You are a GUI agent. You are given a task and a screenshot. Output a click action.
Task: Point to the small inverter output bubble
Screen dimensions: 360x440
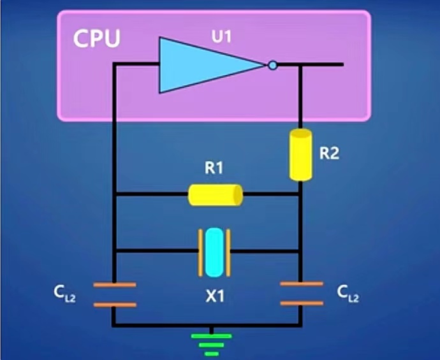[273, 65]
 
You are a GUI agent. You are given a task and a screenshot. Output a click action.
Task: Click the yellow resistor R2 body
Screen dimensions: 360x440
[300, 155]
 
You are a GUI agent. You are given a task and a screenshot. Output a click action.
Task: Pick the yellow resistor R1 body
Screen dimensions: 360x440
[216, 194]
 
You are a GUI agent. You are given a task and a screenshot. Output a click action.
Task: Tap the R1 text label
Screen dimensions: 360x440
[214, 169]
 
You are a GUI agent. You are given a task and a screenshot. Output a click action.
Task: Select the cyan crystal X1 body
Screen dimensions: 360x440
[216, 252]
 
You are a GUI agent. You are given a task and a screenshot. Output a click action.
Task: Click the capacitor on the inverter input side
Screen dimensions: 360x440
[115, 294]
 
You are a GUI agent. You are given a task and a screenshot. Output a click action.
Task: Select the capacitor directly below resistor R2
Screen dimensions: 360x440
[301, 292]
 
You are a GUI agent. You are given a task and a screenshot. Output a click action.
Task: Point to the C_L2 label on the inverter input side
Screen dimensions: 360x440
[65, 294]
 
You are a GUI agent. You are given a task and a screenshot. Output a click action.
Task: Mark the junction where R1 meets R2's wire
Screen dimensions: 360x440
[300, 194]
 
